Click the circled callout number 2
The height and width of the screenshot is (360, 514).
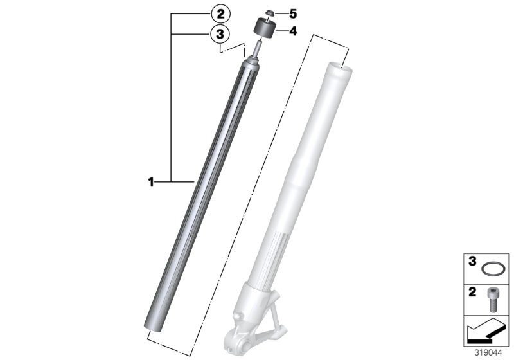tap(220, 13)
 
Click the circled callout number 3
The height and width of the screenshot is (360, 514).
tap(220, 33)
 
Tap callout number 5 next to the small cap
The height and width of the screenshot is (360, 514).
tap(276, 13)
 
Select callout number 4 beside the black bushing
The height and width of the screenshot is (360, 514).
tap(276, 30)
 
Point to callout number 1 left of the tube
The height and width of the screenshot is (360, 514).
tap(151, 183)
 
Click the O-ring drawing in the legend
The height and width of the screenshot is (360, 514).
tap(493, 269)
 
